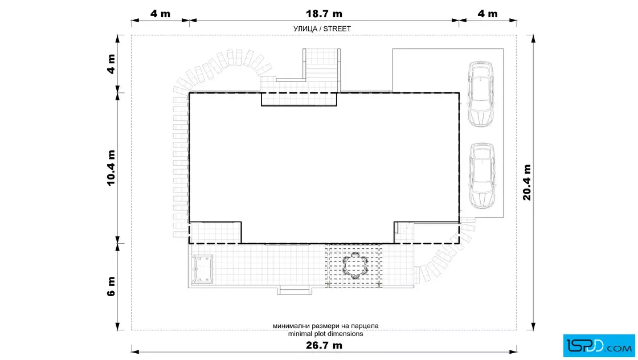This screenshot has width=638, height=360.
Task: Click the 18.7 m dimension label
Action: click(324, 14)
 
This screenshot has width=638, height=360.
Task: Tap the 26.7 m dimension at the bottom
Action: click(324, 345)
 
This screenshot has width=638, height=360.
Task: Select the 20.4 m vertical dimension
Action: click(527, 182)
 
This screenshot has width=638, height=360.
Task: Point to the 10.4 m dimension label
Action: click(111, 168)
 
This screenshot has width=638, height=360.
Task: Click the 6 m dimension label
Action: click(111, 287)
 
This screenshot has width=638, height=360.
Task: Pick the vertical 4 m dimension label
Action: click(111, 64)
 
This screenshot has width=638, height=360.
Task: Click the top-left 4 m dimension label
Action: click(160, 14)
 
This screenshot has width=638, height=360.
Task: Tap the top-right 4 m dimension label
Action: click(488, 14)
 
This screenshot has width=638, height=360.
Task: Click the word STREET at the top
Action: click(337, 29)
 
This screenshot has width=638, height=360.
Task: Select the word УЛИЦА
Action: click(305, 29)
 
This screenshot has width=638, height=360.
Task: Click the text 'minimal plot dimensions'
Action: click(325, 334)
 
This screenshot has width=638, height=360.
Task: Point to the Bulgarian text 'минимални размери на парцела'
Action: click(325, 326)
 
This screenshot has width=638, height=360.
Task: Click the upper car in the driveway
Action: click(481, 95)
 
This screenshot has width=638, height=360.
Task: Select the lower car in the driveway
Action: click(482, 176)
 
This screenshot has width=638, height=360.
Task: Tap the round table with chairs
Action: click(355, 265)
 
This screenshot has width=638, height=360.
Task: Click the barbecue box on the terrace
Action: click(202, 268)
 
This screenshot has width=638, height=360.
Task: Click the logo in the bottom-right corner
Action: click(599, 346)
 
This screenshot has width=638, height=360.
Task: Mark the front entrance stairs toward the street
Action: click(322, 69)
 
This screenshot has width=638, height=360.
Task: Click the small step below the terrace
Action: click(295, 291)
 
